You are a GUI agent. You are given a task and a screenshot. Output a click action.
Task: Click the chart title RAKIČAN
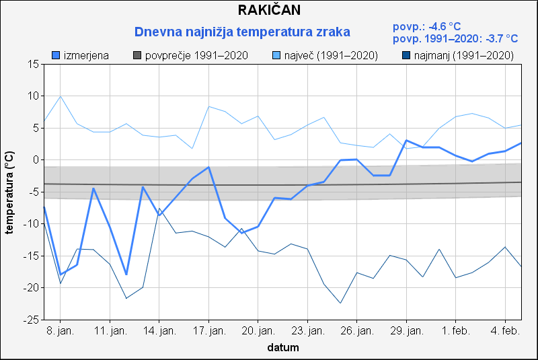point(269,10)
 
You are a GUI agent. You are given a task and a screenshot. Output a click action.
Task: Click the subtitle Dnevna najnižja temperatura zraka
point(242,32)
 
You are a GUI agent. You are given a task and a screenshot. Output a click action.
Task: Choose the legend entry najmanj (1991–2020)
point(457,55)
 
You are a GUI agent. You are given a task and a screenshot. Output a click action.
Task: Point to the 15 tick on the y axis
point(32,64)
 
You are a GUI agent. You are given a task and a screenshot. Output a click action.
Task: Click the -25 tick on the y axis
point(30,320)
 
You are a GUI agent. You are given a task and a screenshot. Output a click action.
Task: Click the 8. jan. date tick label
point(61,331)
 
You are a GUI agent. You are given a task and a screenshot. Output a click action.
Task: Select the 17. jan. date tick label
point(208,331)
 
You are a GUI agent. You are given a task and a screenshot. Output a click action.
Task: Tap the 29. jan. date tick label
point(406,331)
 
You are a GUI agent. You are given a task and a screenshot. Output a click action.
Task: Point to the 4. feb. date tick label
point(505,331)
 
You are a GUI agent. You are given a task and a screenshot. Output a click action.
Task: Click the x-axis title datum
point(282,348)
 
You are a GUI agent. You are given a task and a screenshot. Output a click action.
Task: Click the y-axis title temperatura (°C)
point(9,192)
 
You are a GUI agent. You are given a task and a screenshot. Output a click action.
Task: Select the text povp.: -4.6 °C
point(426,27)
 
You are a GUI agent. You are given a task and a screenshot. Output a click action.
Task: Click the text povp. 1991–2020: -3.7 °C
point(455,39)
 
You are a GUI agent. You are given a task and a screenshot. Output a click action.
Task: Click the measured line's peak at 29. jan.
point(406,140)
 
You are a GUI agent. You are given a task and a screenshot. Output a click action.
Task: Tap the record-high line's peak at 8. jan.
point(61,96)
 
